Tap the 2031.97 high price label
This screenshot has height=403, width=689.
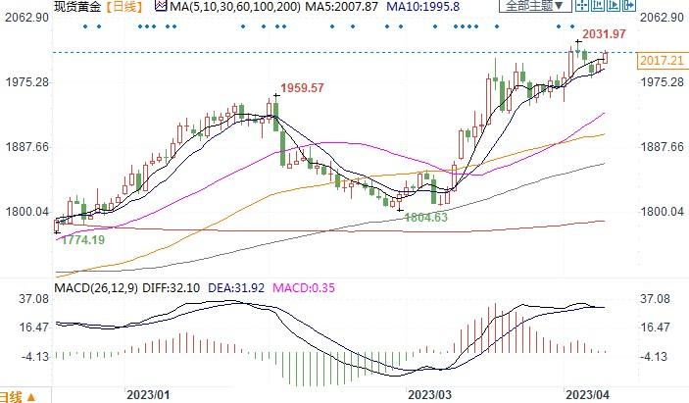(x=604, y=35)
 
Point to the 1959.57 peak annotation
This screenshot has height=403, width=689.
(x=303, y=88)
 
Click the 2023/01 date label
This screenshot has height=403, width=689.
(x=148, y=394)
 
